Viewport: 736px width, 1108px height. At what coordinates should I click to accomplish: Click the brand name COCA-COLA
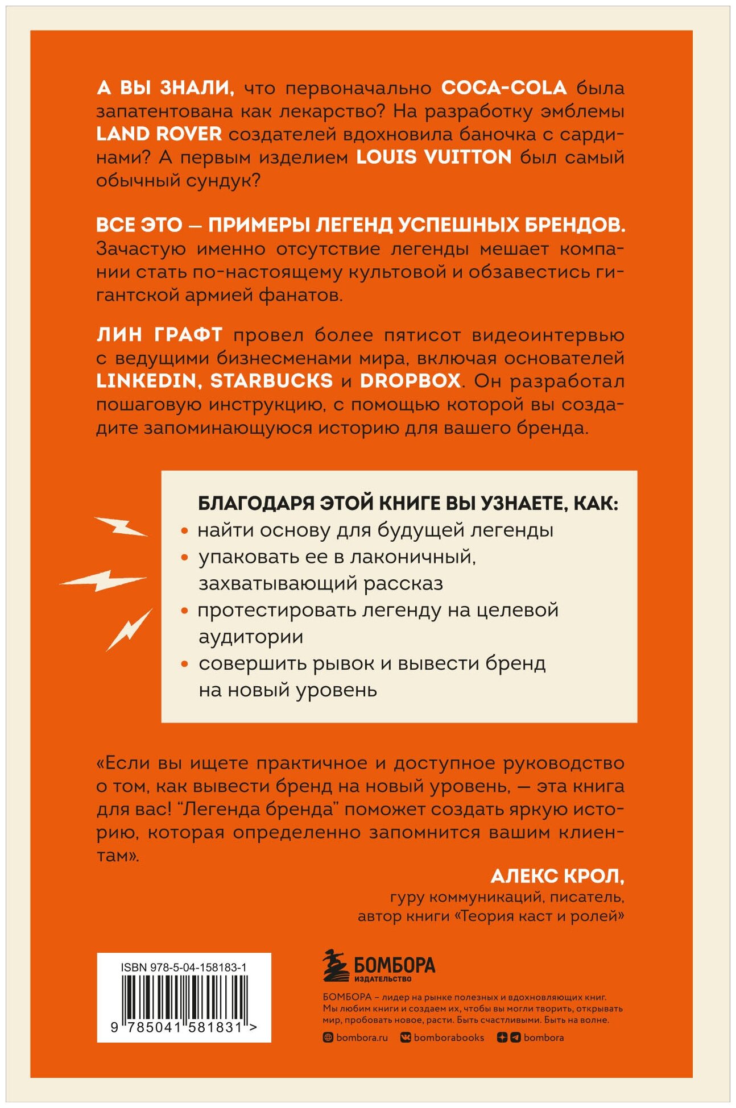pos(504,88)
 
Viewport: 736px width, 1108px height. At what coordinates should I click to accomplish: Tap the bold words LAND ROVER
pos(159,134)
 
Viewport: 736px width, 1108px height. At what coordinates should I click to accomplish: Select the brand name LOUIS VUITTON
pos(434,157)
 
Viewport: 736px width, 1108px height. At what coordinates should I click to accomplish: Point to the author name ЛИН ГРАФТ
pos(159,335)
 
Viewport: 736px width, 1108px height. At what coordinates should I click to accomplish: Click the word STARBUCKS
pos(271,381)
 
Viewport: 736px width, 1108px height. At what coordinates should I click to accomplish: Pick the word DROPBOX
pos(410,381)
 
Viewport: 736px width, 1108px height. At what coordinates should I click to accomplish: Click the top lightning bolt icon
pos(121,526)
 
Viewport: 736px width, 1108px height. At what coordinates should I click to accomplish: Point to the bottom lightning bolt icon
pos(129,629)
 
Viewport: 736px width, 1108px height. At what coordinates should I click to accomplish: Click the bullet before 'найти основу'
pos(184,531)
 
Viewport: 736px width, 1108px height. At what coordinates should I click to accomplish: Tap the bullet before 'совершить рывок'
pos(184,664)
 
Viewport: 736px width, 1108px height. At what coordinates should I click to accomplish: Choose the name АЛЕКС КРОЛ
pos(557,876)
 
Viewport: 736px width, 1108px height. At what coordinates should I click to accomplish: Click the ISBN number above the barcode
pos(184,968)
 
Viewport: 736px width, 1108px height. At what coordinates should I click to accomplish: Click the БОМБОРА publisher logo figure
pos(336,966)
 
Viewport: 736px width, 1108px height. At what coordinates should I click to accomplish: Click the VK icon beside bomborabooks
pos(406,1038)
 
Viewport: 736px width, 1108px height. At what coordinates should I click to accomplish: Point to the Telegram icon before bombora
pos(515,1038)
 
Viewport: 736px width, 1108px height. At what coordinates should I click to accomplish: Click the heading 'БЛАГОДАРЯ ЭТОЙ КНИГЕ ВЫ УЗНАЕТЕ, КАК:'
pos(407,503)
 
